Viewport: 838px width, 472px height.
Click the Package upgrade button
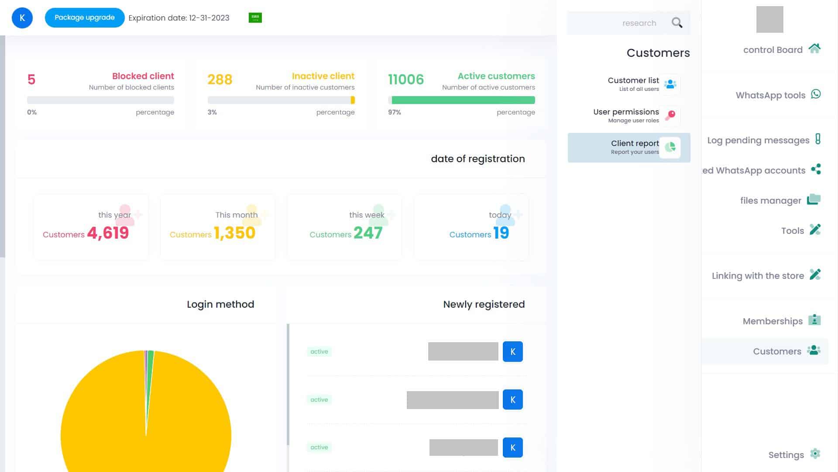[85, 18]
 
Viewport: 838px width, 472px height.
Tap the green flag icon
[255, 17]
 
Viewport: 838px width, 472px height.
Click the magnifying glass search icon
[677, 23]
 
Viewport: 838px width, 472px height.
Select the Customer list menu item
[634, 84]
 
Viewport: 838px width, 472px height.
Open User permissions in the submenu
[626, 115]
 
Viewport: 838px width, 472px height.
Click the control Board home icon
[814, 49]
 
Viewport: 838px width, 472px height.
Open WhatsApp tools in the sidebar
[771, 95]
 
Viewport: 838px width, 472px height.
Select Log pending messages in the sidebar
[759, 140]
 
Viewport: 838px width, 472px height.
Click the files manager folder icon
[814, 200]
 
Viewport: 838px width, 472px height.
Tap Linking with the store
[758, 276]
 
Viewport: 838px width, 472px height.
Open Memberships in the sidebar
[773, 321]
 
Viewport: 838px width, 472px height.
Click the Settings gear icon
[814, 454]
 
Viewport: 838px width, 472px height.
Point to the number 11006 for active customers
[406, 80]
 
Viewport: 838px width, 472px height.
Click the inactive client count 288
[220, 80]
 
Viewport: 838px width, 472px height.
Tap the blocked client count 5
[31, 80]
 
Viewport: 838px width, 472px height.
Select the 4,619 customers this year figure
[108, 233]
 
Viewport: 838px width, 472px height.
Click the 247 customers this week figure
[368, 233]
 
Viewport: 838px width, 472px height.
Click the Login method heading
[220, 304]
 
